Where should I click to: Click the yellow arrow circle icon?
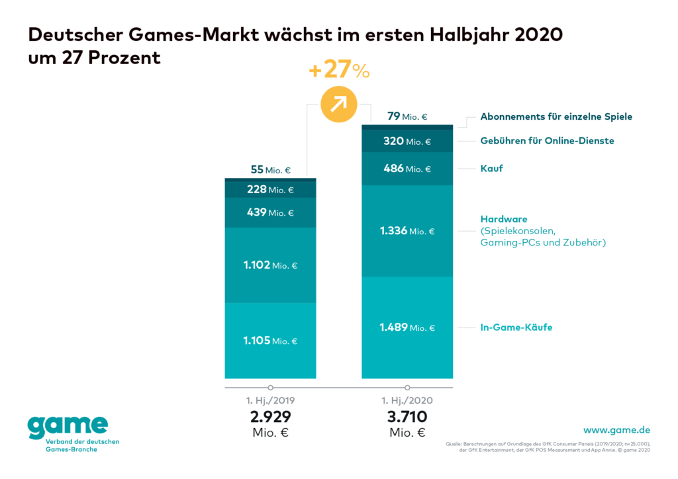338,104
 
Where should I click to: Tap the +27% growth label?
338,71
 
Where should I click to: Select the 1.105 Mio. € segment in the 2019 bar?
271,341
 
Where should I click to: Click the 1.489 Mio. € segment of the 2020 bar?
407,327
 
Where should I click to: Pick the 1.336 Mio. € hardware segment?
407,231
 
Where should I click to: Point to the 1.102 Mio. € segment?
271,265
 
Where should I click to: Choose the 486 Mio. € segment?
407,169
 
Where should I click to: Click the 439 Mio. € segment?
271,212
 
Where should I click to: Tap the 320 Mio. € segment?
407,141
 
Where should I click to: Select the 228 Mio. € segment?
271,190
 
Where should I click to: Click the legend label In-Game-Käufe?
516,327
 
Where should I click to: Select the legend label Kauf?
491,169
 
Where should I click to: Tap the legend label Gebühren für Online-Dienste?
547,140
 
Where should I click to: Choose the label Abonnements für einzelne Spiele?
556,116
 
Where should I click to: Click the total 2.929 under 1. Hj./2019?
271,417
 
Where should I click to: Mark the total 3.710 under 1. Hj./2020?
407,417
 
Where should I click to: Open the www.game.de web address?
616,430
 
